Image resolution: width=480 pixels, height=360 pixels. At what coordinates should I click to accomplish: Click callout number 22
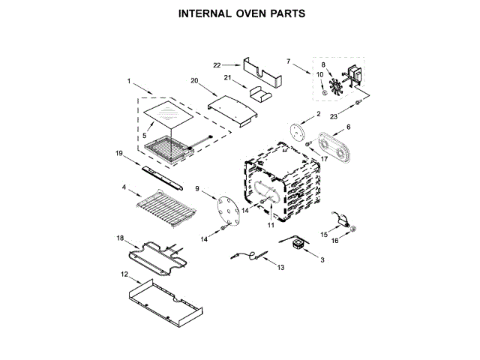click(216, 65)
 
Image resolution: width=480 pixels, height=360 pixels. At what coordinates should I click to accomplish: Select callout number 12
click(124, 274)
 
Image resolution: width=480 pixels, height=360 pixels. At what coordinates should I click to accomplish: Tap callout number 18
click(119, 238)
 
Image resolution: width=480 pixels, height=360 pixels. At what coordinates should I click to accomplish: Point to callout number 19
click(118, 154)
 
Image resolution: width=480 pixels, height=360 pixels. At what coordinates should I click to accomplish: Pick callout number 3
click(322, 259)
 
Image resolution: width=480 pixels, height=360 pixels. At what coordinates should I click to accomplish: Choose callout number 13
click(280, 267)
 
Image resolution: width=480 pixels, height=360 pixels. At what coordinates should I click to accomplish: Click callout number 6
click(347, 127)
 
